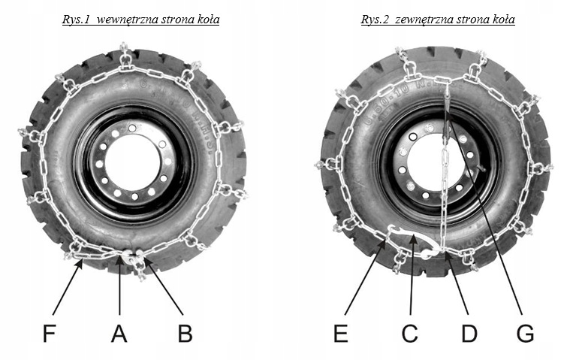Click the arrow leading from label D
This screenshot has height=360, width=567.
point(456,285)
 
